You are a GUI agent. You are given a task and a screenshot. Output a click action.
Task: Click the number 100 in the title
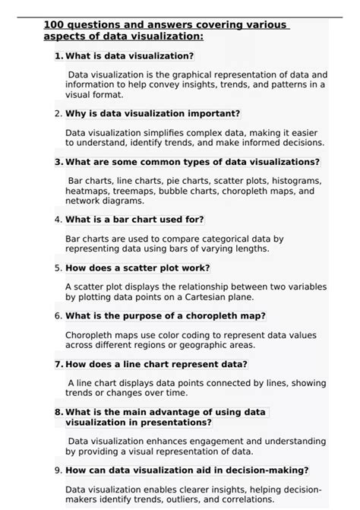pyautogui.click(x=55, y=25)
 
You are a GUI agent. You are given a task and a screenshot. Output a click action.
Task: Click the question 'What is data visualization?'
pyautogui.click(x=129, y=55)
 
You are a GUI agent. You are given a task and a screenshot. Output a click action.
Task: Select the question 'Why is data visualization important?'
pyautogui.click(x=153, y=113)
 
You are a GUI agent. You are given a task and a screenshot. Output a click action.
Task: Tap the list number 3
pyautogui.click(x=58, y=162)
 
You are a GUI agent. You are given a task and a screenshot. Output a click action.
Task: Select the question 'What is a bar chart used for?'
pyautogui.click(x=134, y=220)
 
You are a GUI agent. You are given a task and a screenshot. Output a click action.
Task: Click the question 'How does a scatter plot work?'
pyautogui.click(x=137, y=268)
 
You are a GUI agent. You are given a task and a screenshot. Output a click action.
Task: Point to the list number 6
pyautogui.click(x=58, y=315)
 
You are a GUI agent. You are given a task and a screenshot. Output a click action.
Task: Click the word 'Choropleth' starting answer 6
pyautogui.click(x=90, y=334)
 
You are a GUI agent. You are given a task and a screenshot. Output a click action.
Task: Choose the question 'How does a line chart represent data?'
pyautogui.click(x=156, y=364)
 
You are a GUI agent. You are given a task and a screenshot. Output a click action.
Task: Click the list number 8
pyautogui.click(x=58, y=412)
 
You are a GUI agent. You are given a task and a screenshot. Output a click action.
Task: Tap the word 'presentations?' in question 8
pyautogui.click(x=176, y=422)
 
